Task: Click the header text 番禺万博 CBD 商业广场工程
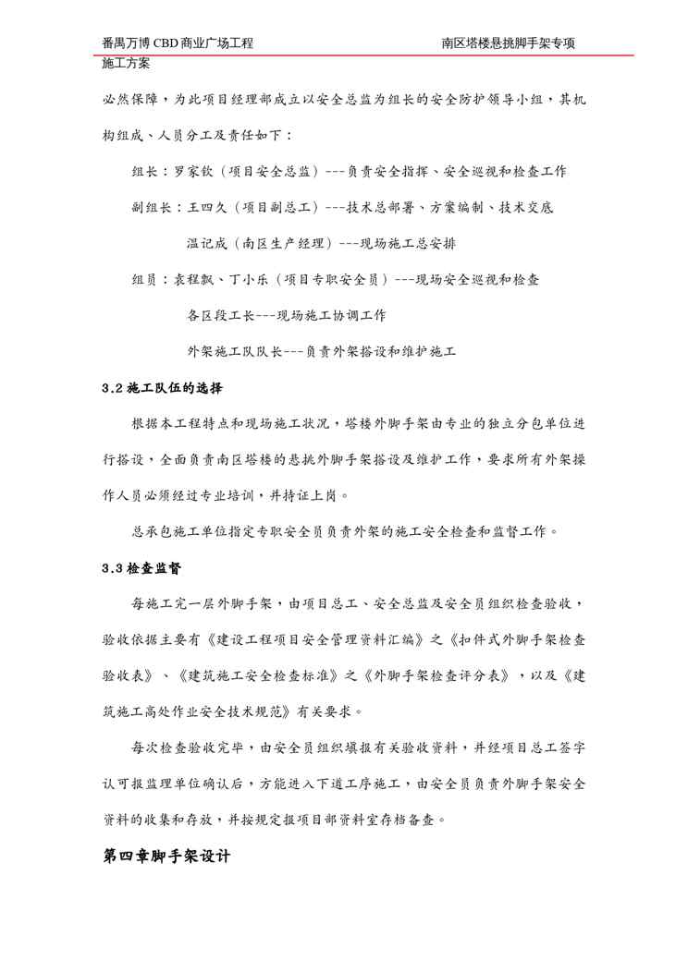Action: (x=178, y=43)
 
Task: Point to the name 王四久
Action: (x=207, y=208)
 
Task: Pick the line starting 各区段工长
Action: (x=286, y=315)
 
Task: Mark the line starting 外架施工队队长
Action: (x=321, y=351)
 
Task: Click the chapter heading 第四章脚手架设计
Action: (x=166, y=856)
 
